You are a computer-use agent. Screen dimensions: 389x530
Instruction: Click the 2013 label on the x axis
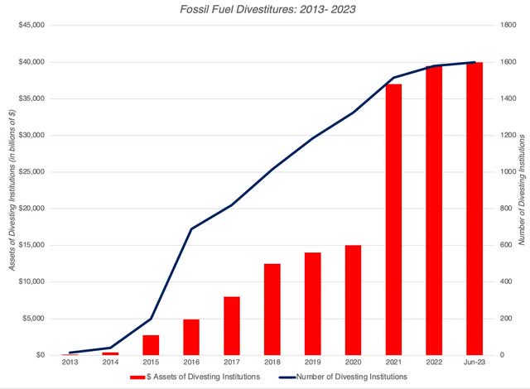(70, 363)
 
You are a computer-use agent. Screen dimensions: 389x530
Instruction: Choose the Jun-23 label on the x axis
(475, 363)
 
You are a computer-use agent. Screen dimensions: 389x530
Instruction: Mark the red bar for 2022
(435, 210)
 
